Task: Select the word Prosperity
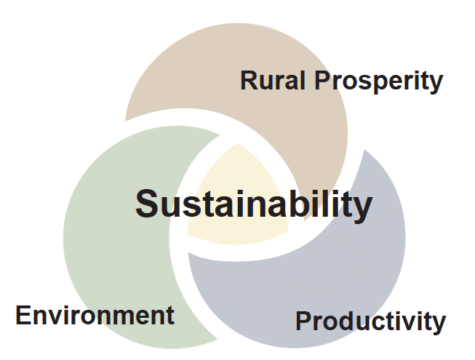379,81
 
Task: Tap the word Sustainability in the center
254,204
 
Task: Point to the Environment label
95,315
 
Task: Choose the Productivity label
370,321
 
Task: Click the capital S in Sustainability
148,204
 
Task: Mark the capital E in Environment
23,315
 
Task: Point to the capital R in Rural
249,80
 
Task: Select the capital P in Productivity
304,321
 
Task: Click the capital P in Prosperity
323,80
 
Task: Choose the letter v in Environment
54,318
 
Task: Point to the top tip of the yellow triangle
238,143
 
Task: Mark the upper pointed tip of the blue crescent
364,150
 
